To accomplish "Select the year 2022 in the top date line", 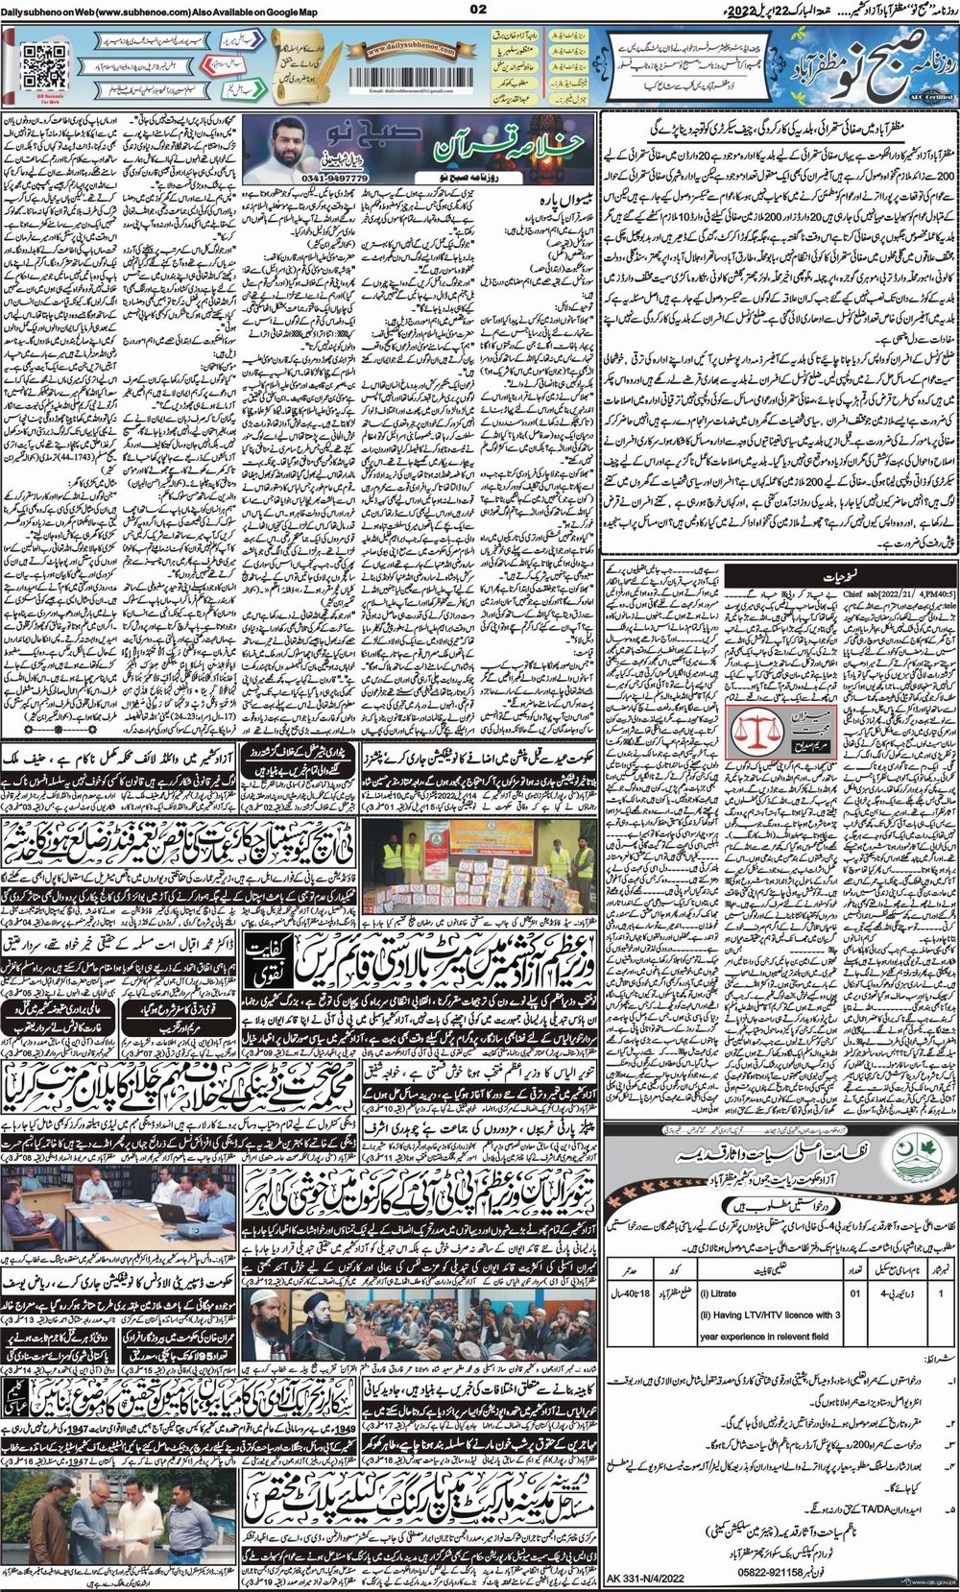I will point(690,11).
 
